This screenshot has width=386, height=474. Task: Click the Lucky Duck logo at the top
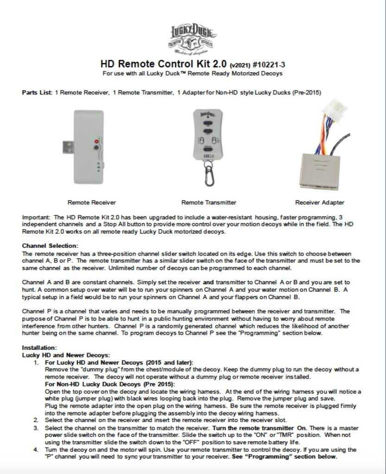pos(192,39)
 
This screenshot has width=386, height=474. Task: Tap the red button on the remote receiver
pos(96,141)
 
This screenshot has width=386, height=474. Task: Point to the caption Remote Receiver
pos(92,202)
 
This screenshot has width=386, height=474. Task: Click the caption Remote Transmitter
pos(209,202)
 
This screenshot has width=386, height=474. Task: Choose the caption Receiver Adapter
pos(320,202)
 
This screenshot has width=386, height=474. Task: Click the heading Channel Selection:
pos(50,245)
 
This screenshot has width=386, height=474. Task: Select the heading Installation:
pos(39,347)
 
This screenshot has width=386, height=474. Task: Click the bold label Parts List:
pos(37,93)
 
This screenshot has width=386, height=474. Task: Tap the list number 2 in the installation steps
pos(36,420)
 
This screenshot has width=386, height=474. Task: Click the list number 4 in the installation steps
pos(36,450)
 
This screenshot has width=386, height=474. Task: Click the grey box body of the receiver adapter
pos(325,166)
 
